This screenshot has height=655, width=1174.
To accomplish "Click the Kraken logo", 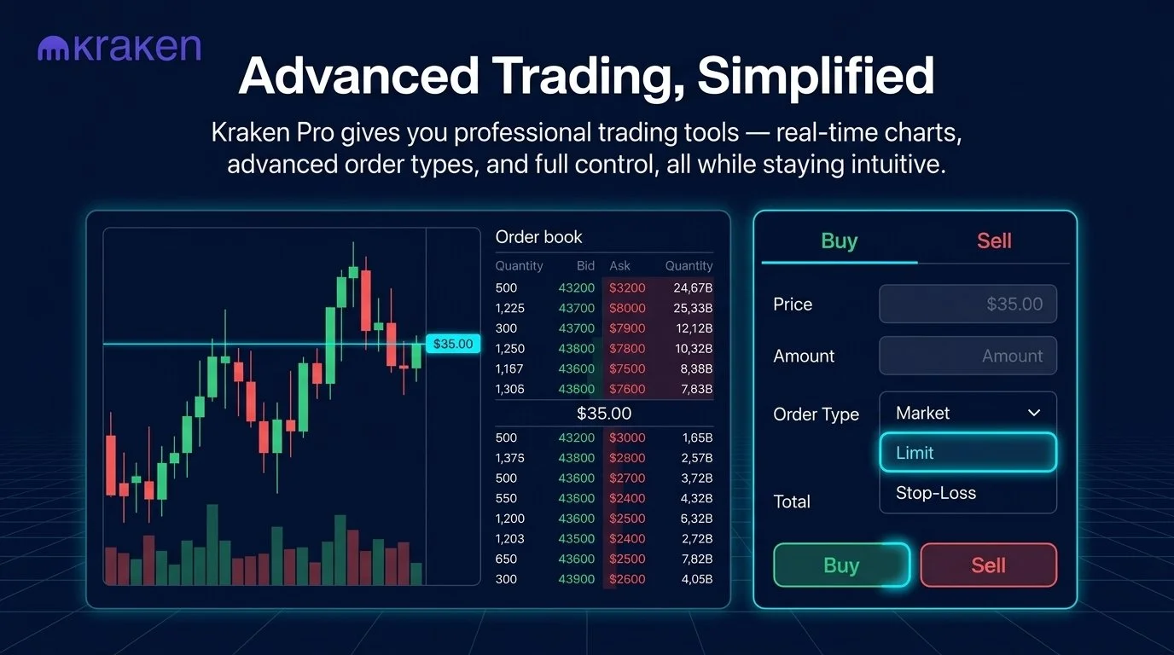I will (119, 49).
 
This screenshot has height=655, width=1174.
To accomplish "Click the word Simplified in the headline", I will (815, 76).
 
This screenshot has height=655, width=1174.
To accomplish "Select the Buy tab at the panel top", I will (839, 241).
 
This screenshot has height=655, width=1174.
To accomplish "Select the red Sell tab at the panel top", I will (994, 241).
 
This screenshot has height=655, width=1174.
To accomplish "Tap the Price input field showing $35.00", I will (968, 304).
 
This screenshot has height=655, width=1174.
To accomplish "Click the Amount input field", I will (968, 356).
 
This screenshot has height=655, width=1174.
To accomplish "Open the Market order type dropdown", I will (968, 413).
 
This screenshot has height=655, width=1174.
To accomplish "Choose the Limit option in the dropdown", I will (968, 453).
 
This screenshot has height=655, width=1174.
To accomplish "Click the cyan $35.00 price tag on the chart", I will (452, 344).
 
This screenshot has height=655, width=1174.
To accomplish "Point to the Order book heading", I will (538, 237).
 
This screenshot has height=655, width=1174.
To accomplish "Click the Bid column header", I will (585, 266).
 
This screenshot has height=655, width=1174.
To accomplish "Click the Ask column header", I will (619, 266).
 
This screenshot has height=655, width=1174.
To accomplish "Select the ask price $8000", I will (627, 308).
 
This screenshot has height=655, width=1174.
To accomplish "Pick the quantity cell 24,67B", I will (692, 287).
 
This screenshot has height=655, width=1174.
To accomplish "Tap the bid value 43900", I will (577, 579).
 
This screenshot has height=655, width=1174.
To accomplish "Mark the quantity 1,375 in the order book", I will (509, 458).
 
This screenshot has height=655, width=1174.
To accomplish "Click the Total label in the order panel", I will (791, 501).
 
